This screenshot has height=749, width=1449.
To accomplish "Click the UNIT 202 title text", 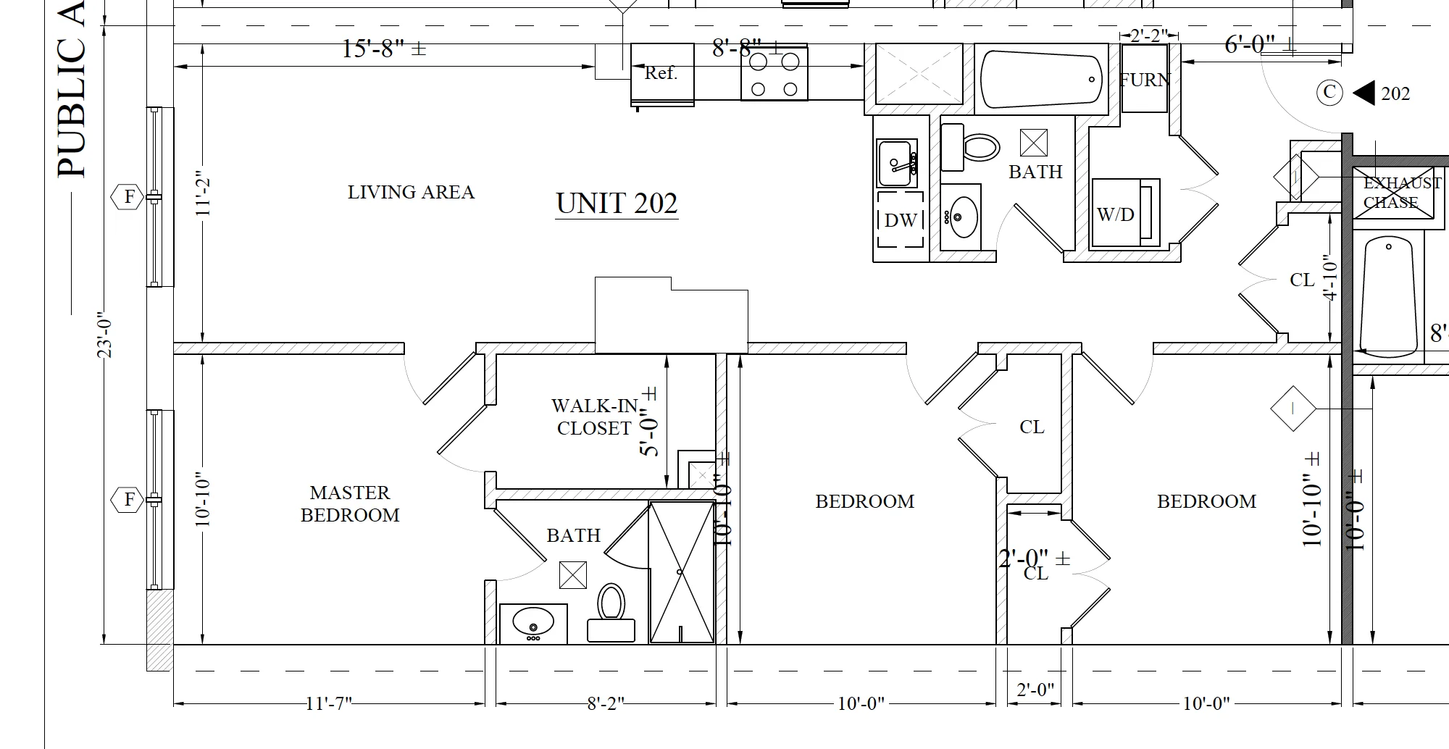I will tap(617, 204).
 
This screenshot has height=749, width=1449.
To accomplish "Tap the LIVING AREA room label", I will tap(411, 193).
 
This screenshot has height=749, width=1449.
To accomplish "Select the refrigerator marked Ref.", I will tap(661, 73).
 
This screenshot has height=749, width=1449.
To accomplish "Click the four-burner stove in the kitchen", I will tap(774, 74).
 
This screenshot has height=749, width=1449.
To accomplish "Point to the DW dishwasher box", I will tap(901, 219).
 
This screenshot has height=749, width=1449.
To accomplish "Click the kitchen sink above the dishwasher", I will tap(897, 164).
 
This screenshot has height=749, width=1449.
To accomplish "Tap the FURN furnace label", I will tap(1144, 80).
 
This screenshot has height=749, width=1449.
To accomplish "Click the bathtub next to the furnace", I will tap(1040, 79).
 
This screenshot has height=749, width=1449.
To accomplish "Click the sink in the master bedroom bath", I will tap(533, 623).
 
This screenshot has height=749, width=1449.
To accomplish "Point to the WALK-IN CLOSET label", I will tap(594, 417).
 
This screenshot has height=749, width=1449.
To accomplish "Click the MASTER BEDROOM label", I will tap(350, 504).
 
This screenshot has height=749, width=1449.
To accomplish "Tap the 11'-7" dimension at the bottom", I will tap(327, 703).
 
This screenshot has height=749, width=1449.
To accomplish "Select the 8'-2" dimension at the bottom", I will tap(605, 703).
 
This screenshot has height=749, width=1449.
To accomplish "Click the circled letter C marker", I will tap(1329, 92).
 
